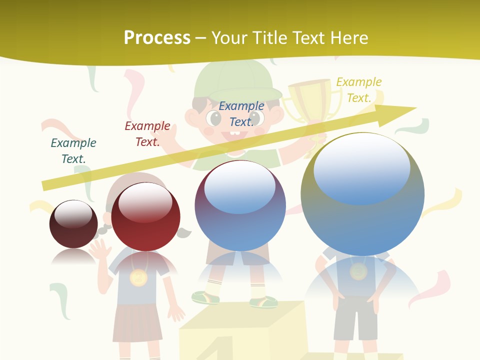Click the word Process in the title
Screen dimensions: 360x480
156,38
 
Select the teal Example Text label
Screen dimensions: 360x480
73,150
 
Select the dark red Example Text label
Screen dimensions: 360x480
147,134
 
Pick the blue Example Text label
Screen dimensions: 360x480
241,113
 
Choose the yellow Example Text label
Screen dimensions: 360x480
359,89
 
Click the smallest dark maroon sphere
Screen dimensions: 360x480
73,224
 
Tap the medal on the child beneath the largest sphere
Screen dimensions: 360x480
358,272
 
